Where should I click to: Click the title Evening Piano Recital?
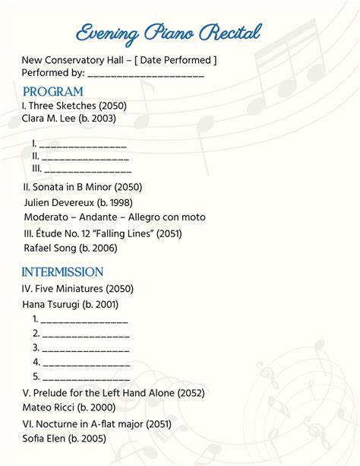click(x=169, y=33)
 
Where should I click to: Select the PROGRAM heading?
click(x=52, y=92)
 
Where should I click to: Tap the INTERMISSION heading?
click(x=62, y=271)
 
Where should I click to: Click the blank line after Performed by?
click(x=146, y=74)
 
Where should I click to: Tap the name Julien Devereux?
click(x=56, y=202)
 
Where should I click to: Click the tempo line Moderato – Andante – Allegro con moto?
click(x=114, y=217)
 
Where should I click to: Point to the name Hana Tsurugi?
click(x=54, y=304)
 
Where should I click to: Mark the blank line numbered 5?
click(x=85, y=376)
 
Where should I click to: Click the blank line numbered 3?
click(x=85, y=347)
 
